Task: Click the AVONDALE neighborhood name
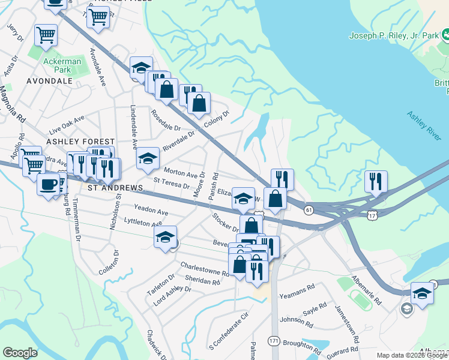(49, 80)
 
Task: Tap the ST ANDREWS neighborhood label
(115, 188)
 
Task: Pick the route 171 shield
(274, 340)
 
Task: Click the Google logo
(20, 353)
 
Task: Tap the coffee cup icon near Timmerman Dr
(48, 184)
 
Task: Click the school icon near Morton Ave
(148, 158)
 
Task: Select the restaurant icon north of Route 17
(376, 181)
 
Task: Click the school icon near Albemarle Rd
(422, 293)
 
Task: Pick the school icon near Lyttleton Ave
(166, 237)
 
